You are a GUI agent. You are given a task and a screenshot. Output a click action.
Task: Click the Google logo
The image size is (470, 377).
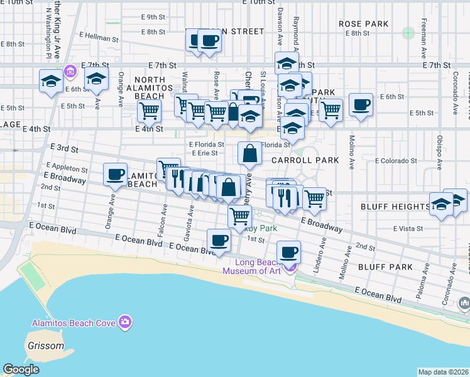click(21, 369)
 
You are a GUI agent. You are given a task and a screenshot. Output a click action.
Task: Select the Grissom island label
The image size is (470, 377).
click(45, 346)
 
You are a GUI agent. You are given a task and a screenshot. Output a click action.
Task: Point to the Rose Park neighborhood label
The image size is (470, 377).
click(363, 24)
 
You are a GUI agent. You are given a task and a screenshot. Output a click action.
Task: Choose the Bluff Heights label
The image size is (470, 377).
click(395, 206)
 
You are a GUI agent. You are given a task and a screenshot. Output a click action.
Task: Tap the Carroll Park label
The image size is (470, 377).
click(305, 160)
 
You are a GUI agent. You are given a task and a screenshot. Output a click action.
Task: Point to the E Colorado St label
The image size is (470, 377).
click(396, 161)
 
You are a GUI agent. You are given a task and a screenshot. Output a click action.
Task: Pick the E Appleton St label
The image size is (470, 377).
click(66, 169)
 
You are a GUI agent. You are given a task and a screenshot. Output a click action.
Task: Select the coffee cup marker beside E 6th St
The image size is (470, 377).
click(361, 104)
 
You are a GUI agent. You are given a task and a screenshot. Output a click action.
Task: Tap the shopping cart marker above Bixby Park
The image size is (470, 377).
click(239, 216)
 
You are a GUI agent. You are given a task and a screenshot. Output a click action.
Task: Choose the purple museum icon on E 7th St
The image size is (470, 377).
click(70, 71)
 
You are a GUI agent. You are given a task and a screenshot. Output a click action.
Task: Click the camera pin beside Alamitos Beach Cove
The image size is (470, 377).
click(126, 322)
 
